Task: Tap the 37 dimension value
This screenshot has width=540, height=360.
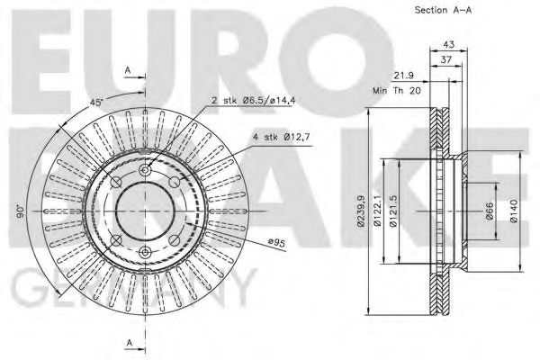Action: pos(447,59)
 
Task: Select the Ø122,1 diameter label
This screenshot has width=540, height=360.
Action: pos(380,213)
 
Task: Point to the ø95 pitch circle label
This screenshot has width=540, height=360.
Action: pos(251,240)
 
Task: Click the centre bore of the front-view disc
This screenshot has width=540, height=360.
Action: pos(144,211)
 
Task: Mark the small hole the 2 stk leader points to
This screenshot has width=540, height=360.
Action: pos(145,170)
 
